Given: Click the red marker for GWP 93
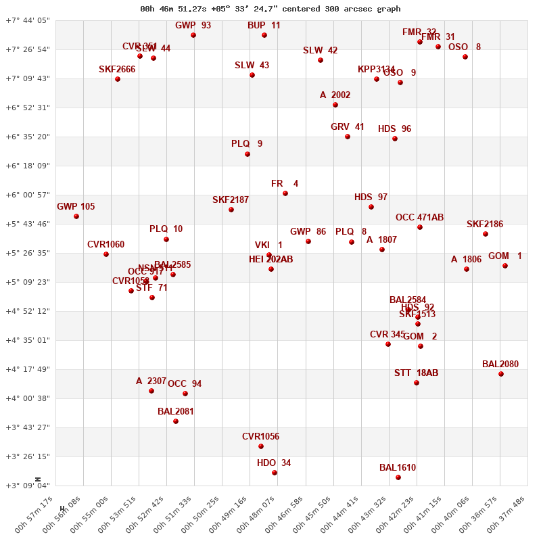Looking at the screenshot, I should [x=193, y=35].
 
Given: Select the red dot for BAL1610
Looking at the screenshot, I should [x=398, y=477].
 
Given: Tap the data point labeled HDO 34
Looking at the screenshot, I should [x=275, y=473].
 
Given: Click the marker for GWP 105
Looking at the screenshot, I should [x=76, y=216].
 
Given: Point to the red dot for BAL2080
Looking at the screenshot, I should [x=501, y=374].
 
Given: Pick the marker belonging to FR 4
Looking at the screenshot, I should [x=285, y=193].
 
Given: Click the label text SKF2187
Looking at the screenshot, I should [x=231, y=200].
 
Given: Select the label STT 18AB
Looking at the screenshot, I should [x=417, y=373].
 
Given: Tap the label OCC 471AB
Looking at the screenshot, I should [x=420, y=218].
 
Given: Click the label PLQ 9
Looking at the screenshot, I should [x=247, y=144].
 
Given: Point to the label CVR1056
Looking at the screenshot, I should [x=261, y=437].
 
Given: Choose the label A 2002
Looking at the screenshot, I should [x=335, y=95].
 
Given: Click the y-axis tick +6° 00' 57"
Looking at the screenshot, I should [x=28, y=195].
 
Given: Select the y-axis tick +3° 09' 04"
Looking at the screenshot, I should [x=28, y=486].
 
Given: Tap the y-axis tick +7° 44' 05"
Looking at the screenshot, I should [x=28, y=20].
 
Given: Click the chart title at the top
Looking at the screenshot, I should [x=270, y=9].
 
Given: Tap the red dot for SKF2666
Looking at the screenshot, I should [x=118, y=79].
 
